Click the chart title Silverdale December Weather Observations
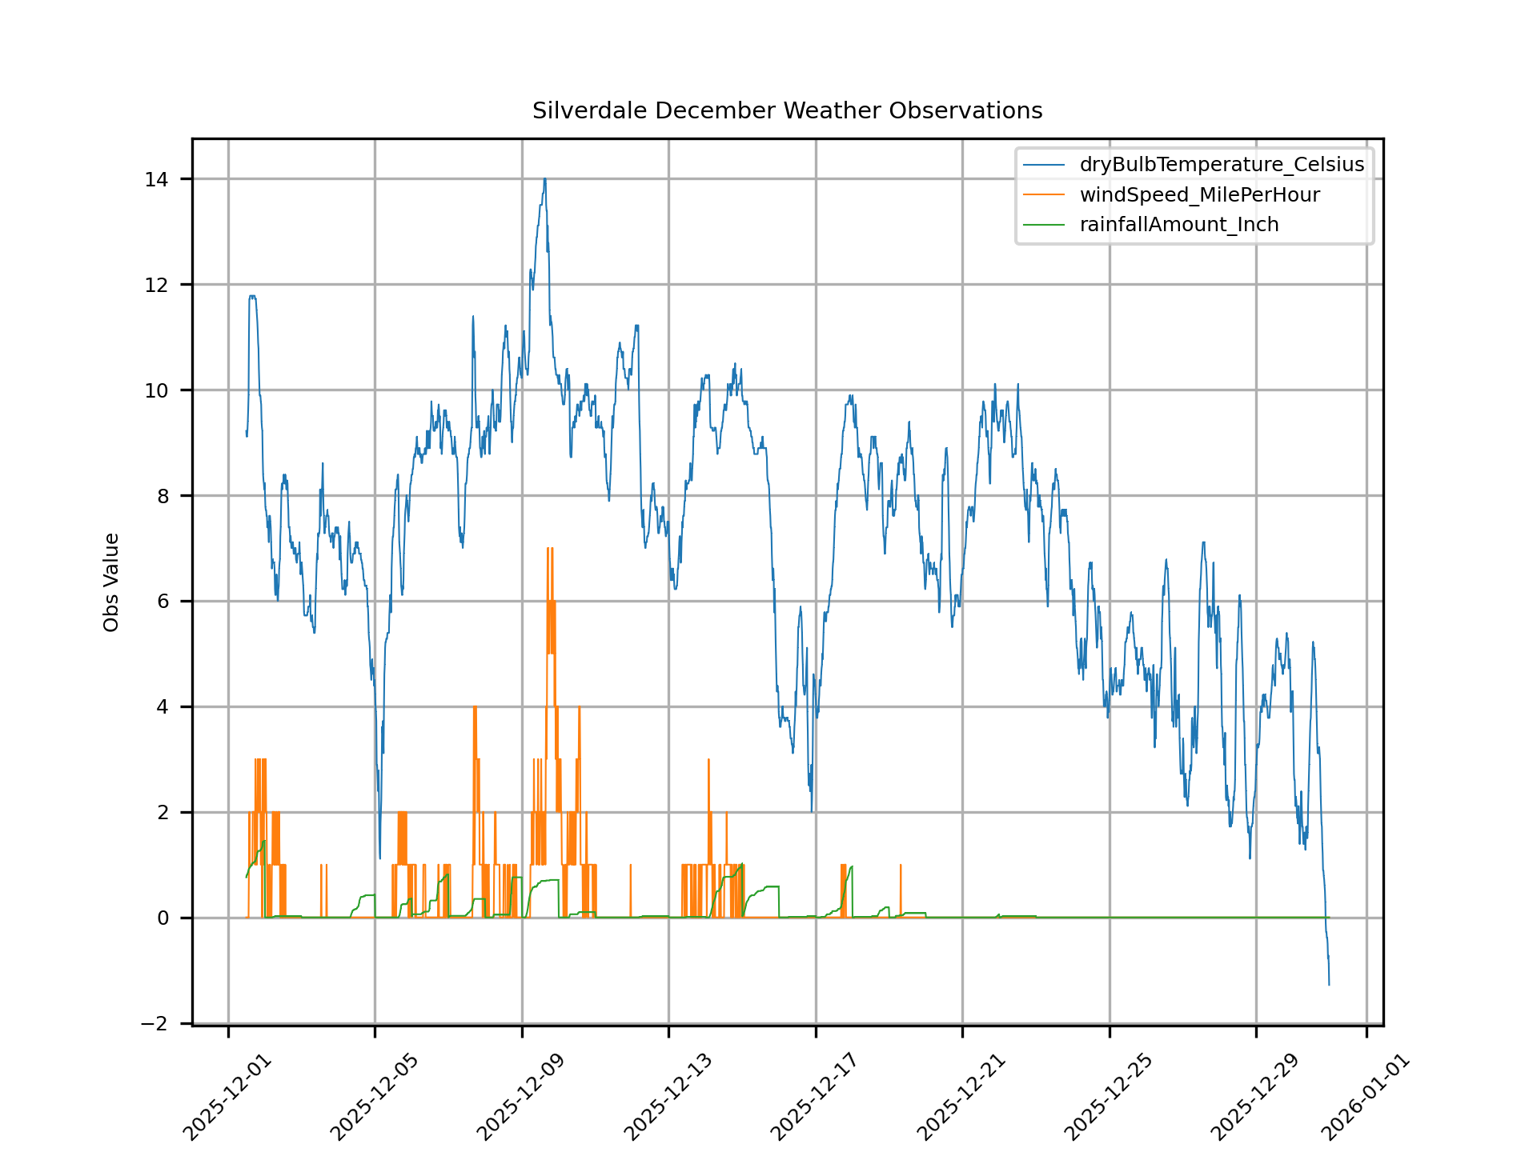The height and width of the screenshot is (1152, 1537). [x=787, y=110]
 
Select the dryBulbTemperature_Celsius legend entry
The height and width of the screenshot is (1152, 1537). [x=1221, y=165]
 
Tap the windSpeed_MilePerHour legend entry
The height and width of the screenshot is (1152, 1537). [x=1199, y=195]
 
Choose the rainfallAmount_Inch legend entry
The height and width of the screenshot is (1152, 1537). [x=1178, y=225]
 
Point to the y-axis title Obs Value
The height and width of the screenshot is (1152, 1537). [x=111, y=582]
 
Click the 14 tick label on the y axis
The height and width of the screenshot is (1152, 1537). [x=156, y=179]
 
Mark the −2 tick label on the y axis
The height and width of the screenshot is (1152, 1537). [x=154, y=1024]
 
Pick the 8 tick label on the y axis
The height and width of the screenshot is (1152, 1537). [x=163, y=496]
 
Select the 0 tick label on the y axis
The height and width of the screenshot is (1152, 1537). [x=163, y=918]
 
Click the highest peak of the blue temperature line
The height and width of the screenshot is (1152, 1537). [x=544, y=179]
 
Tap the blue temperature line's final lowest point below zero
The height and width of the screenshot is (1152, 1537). [x=1329, y=983]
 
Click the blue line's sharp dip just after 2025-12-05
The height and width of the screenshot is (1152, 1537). [x=379, y=858]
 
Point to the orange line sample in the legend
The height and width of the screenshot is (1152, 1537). [x=1044, y=195]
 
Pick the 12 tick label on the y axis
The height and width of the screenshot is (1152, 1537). [x=156, y=285]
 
